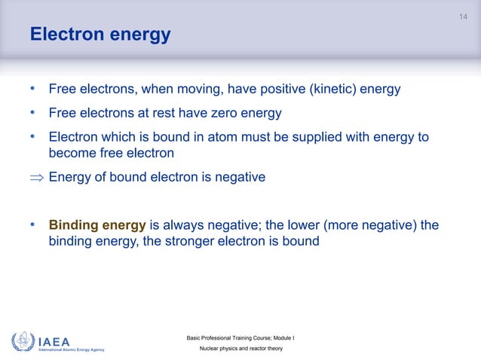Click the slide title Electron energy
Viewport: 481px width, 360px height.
[x=100, y=35]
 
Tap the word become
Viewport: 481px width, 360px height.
[x=72, y=153]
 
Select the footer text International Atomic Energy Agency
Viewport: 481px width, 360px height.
[x=72, y=350]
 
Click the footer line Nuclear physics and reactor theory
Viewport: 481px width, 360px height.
[x=240, y=350]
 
